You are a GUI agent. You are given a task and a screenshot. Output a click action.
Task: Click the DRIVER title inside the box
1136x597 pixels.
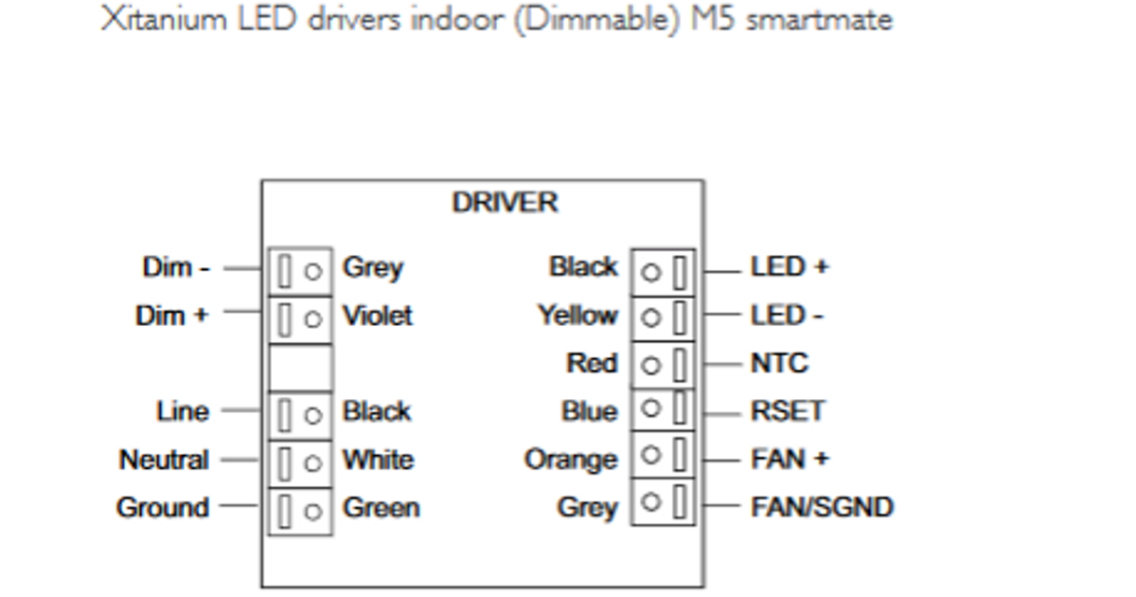coord(505,203)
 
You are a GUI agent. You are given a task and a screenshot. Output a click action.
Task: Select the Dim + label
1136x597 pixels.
coord(171,316)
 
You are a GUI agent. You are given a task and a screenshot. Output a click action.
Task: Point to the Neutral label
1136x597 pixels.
coord(164,461)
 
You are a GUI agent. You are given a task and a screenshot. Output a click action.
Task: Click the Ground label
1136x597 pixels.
coord(163,508)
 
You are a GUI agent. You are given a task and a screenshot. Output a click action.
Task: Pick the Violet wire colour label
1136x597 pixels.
coord(377,316)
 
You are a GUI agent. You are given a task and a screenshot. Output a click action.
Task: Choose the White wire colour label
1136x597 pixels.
coord(378,461)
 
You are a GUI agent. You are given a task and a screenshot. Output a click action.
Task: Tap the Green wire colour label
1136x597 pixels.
coord(381,508)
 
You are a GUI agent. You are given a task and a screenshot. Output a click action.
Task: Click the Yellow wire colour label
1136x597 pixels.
coord(577,316)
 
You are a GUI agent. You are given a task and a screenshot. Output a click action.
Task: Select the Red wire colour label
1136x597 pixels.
coord(592,364)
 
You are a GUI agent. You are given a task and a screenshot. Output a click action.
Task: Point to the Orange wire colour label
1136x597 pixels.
coord(571,461)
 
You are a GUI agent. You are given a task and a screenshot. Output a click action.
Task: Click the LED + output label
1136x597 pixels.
coord(790,268)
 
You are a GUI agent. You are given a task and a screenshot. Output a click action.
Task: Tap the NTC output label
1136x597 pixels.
coord(779,364)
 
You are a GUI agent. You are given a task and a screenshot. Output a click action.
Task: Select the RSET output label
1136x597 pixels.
coord(788,412)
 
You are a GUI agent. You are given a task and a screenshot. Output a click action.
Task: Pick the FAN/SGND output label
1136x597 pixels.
coord(822,508)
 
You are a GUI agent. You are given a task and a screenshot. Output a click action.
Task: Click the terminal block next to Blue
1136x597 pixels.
coord(664,410)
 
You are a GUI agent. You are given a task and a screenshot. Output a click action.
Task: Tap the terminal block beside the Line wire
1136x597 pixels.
coord(300,415)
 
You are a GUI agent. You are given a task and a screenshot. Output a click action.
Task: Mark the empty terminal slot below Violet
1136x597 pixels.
coord(300,368)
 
